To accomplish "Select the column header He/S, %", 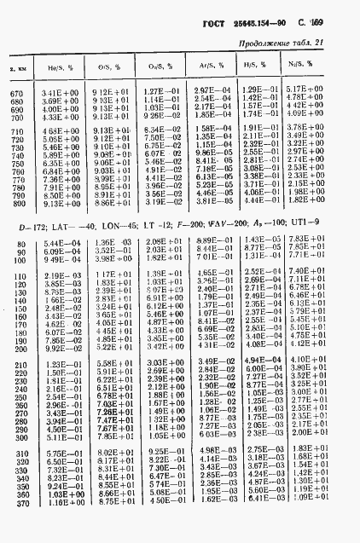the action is coord(56,65).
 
